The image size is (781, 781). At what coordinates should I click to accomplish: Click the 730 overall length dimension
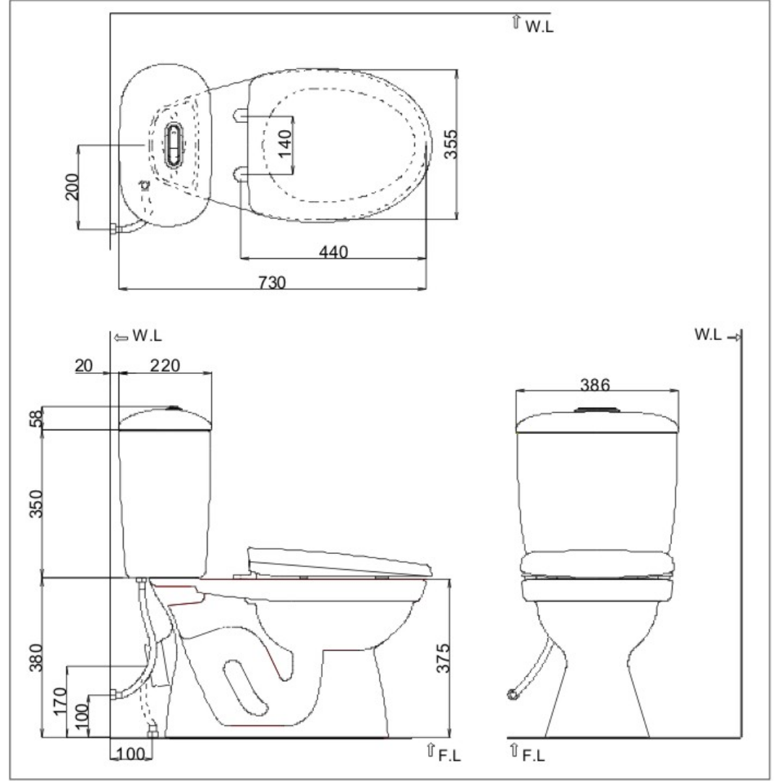[x=273, y=283]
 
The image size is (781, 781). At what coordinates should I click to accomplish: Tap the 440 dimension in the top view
[x=333, y=252]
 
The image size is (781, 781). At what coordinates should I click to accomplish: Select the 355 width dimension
[x=451, y=144]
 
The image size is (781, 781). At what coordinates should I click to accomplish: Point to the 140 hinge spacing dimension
[x=285, y=143]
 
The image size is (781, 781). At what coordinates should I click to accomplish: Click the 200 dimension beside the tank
[x=72, y=187]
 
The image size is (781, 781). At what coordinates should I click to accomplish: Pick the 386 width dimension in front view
[x=594, y=385]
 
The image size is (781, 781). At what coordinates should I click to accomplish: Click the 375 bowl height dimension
[x=443, y=658]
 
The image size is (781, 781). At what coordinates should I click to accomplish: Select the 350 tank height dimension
[x=36, y=503]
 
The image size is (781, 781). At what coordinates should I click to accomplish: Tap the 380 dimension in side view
[x=36, y=657]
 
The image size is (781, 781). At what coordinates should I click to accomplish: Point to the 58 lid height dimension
[x=37, y=418]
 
